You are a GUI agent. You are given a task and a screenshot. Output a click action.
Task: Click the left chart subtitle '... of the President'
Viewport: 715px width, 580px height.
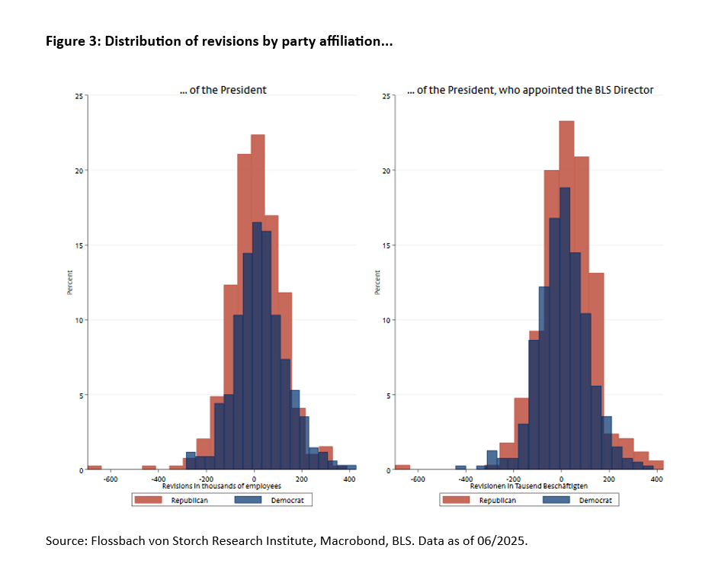pos(228,90)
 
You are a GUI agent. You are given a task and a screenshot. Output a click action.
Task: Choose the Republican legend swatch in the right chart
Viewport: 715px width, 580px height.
pos(460,500)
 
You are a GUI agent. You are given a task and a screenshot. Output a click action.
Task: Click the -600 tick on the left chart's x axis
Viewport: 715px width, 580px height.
pos(111,479)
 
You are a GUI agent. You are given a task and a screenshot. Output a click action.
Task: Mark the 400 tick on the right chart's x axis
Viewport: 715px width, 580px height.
pos(656,479)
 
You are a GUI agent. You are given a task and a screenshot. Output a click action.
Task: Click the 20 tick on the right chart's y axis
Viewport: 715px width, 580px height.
pos(386,171)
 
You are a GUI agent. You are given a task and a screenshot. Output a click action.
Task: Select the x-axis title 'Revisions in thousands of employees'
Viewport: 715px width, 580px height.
pos(222,486)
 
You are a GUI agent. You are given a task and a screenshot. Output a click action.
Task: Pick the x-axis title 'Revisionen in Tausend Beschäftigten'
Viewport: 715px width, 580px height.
pos(528,486)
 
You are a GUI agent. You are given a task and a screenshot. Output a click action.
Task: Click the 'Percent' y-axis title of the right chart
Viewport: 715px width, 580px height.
pos(377,283)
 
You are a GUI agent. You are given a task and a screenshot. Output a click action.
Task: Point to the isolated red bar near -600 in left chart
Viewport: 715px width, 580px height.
pos(95,467)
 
